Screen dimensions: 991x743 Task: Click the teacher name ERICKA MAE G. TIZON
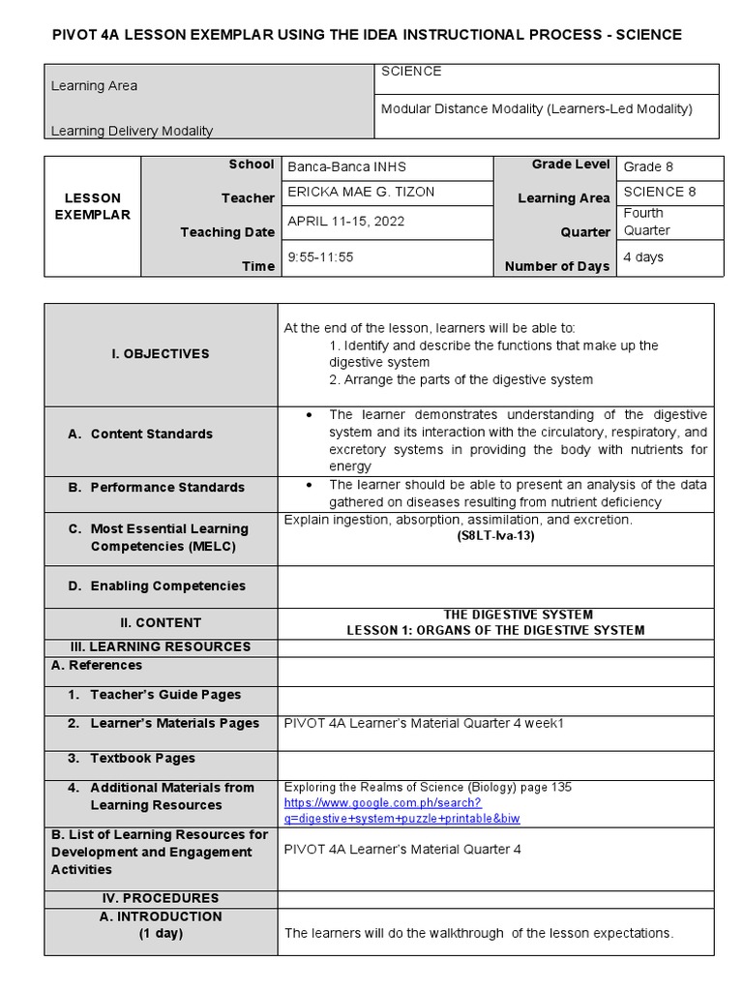pyautogui.click(x=361, y=192)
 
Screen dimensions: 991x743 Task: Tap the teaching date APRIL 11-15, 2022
pyautogui.click(x=346, y=222)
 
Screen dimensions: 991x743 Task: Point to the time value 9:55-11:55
pyautogui.click(x=321, y=257)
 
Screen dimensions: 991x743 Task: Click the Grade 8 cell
pyautogui.click(x=648, y=166)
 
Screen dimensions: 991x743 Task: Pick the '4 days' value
pyautogui.click(x=643, y=257)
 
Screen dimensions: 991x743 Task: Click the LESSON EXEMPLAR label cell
pyautogui.click(x=92, y=206)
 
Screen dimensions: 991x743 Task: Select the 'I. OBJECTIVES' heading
pyautogui.click(x=160, y=354)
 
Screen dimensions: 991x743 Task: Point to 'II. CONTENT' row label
pyautogui.click(x=161, y=622)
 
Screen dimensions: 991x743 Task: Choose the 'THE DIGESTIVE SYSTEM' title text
pyautogui.click(x=518, y=615)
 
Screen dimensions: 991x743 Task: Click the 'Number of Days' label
pyautogui.click(x=557, y=266)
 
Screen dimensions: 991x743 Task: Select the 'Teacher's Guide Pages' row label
pyautogui.click(x=165, y=695)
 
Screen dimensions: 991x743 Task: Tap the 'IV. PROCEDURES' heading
pyautogui.click(x=160, y=898)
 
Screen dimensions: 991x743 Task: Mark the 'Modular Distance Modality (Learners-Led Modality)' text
pyautogui.click(x=537, y=109)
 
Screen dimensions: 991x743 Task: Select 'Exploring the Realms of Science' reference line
pyautogui.click(x=434, y=788)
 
